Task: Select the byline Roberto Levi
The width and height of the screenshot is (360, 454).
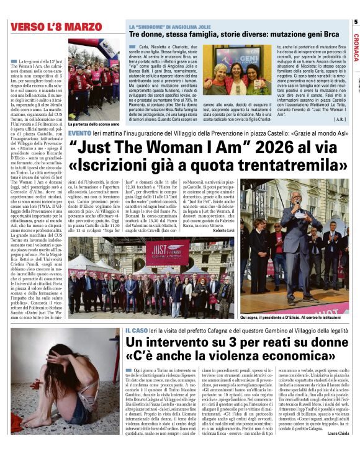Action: [225, 231]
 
